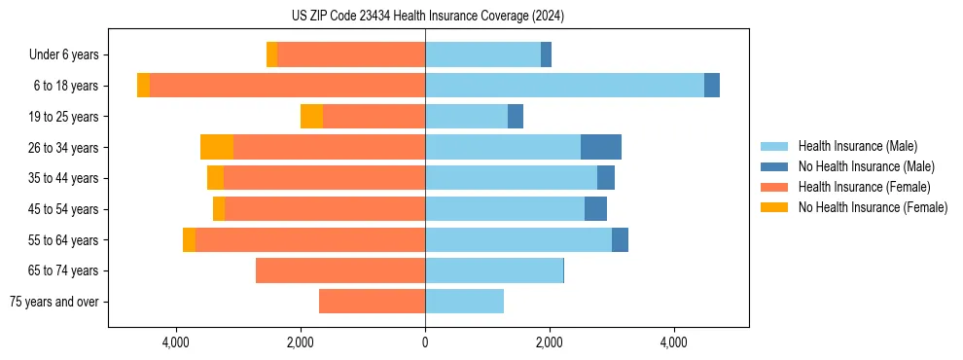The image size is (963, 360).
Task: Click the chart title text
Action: (427, 16)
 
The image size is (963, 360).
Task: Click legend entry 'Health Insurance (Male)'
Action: (857, 146)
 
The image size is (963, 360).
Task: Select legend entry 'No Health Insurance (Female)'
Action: (873, 207)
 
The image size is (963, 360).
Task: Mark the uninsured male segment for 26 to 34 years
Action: (601, 147)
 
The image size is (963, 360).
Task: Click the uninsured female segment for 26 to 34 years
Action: (217, 147)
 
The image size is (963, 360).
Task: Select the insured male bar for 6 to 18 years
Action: (564, 86)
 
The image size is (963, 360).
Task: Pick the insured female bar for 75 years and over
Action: (372, 302)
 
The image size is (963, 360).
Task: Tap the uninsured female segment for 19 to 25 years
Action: (311, 117)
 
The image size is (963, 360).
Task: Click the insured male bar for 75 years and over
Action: (464, 302)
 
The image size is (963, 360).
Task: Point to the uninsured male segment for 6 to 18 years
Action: (712, 86)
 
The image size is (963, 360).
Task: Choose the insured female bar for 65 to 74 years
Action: (340, 270)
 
